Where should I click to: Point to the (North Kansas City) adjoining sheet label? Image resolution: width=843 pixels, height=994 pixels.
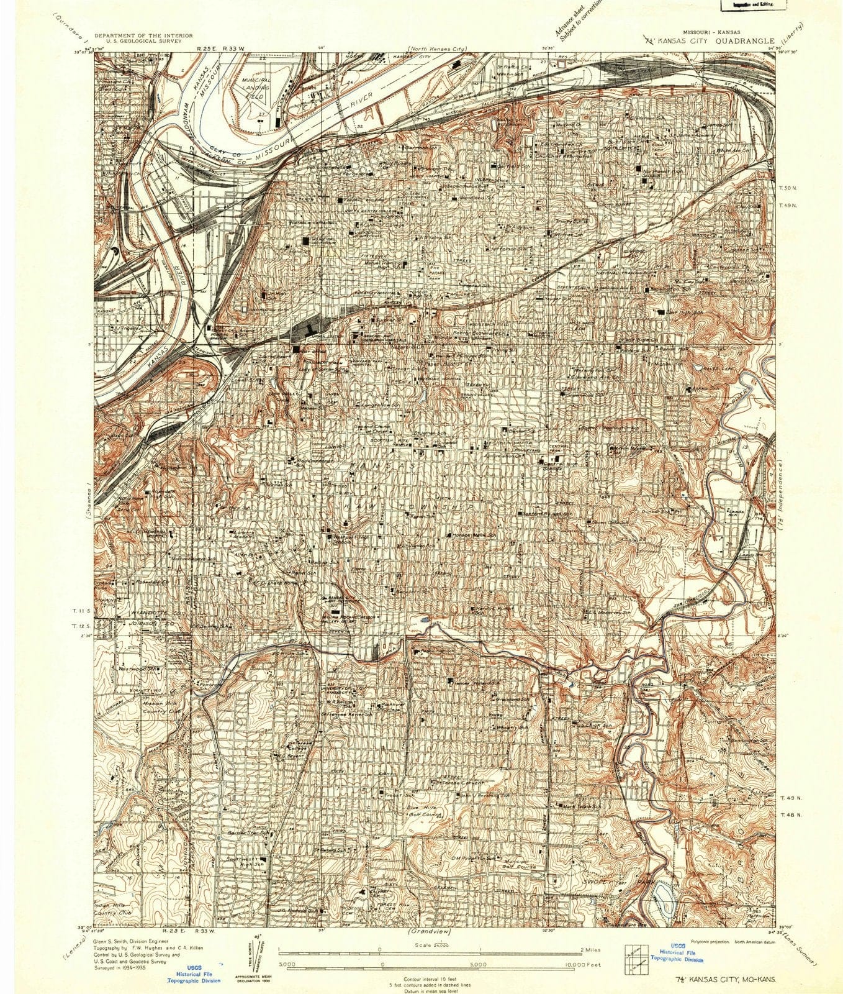pyautogui.click(x=438, y=48)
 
